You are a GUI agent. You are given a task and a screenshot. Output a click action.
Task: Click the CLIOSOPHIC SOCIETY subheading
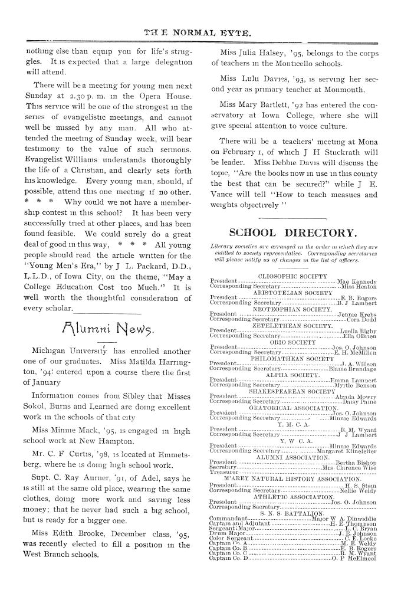coord(292,276)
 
